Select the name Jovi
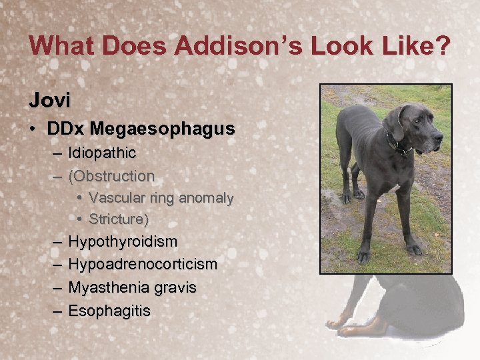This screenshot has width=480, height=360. click(48, 101)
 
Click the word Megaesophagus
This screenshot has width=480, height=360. click(163, 129)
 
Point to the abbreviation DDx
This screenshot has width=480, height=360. click(67, 129)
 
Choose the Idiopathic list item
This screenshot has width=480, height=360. click(102, 153)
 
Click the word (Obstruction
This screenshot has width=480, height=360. click(111, 176)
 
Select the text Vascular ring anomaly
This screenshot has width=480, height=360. click(161, 198)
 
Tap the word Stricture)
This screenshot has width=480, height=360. click(119, 219)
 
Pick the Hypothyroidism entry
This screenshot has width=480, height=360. click(123, 241)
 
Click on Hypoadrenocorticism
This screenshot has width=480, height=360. click(143, 264)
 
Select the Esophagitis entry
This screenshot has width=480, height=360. click(109, 311)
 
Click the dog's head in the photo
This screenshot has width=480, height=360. click(417, 127)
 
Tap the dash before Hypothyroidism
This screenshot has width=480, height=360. click(55, 241)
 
